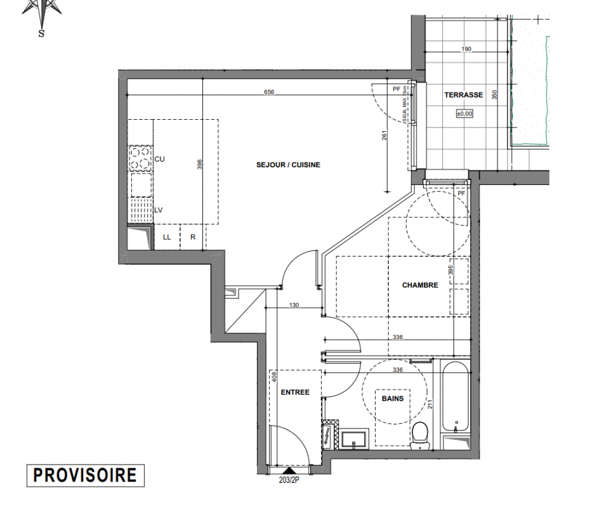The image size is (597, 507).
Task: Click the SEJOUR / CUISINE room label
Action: pos(288,165)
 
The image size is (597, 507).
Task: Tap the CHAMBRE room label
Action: pos(420,285)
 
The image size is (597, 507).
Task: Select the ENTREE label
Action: pos(295,392)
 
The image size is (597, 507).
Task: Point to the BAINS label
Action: pos(393,399)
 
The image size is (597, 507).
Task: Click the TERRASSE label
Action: pos(464,95)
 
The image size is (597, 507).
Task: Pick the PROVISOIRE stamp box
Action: pos(85,475)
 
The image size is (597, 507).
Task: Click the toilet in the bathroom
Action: pos(421,435)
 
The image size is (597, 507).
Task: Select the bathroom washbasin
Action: pos(355,439)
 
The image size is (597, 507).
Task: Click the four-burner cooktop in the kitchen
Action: pos(140,158)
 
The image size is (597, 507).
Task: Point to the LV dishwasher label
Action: pos(159,210)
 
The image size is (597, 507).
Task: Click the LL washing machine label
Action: pos(167,237)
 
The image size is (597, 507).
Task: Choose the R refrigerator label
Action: pos(193,237)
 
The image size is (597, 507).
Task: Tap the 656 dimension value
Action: pos(269,92)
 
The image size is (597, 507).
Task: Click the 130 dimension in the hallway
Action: pos(294,305)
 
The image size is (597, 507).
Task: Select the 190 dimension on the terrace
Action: pos(466,49)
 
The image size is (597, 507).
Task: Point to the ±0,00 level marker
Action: pos(464,113)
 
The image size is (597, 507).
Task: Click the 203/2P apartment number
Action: pos(289,480)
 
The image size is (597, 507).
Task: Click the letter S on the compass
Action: pos(41,34)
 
